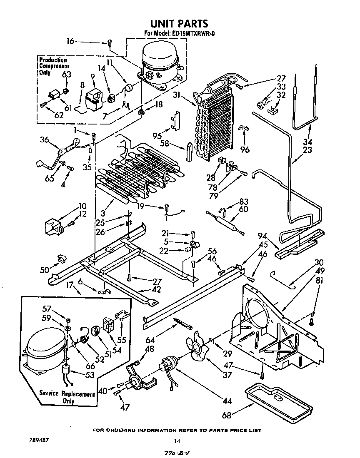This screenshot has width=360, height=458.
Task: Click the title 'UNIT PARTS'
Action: coord(179,24)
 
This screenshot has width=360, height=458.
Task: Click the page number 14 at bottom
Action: coord(177,441)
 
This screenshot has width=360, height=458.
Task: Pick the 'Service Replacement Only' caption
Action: coord(67,397)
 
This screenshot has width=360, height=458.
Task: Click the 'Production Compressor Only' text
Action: coord(54,66)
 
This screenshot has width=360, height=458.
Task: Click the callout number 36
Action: coord(45,139)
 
